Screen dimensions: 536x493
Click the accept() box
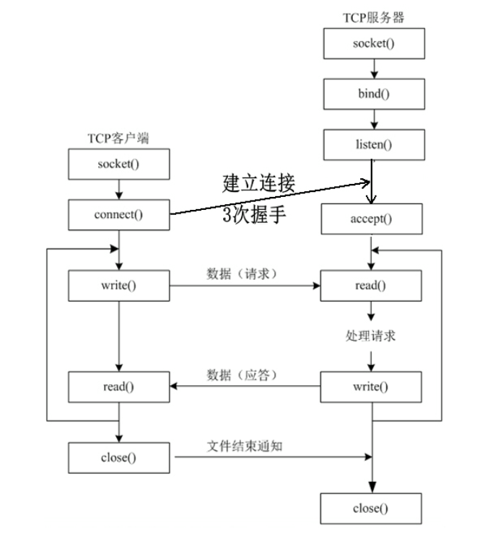(x=371, y=219)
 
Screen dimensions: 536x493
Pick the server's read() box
(x=371, y=286)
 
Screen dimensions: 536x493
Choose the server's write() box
(x=371, y=387)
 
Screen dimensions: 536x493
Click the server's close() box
(x=371, y=509)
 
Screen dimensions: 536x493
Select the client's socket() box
(x=118, y=164)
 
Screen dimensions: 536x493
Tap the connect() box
(x=118, y=215)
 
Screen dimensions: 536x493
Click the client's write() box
(x=118, y=286)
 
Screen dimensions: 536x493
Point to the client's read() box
(x=118, y=387)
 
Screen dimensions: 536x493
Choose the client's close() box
(x=118, y=457)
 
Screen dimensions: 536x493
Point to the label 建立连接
(x=258, y=183)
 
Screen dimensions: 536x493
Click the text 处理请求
(x=371, y=336)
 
